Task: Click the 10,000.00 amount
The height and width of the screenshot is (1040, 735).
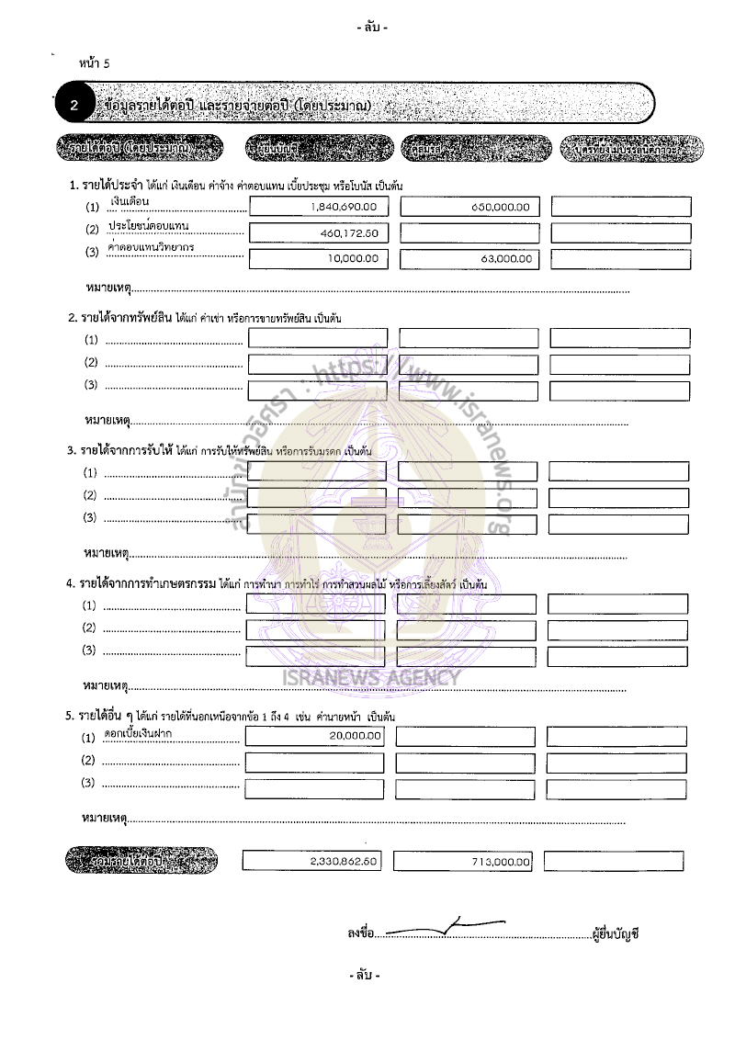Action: (353, 259)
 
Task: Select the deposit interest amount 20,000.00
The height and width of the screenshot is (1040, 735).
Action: (355, 736)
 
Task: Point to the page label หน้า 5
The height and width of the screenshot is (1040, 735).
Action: (95, 63)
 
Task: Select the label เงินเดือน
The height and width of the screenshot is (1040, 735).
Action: (130, 199)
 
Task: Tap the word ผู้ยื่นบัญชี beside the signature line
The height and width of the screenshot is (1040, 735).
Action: (616, 933)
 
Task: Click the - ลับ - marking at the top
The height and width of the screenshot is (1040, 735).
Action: (372, 28)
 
